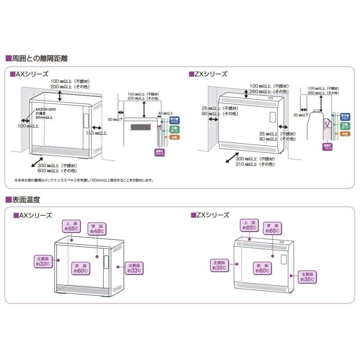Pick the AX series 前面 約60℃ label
coord(80,268)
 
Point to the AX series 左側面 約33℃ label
coord(43,262)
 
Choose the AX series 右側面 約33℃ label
coord(134,268)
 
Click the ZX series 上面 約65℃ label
coord(248,225)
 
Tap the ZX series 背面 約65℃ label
coord(272,228)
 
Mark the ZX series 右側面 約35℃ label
coord(308,276)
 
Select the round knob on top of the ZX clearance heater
coord(270,97)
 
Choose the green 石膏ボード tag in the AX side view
coord(175,129)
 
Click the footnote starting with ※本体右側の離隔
coord(84,180)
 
